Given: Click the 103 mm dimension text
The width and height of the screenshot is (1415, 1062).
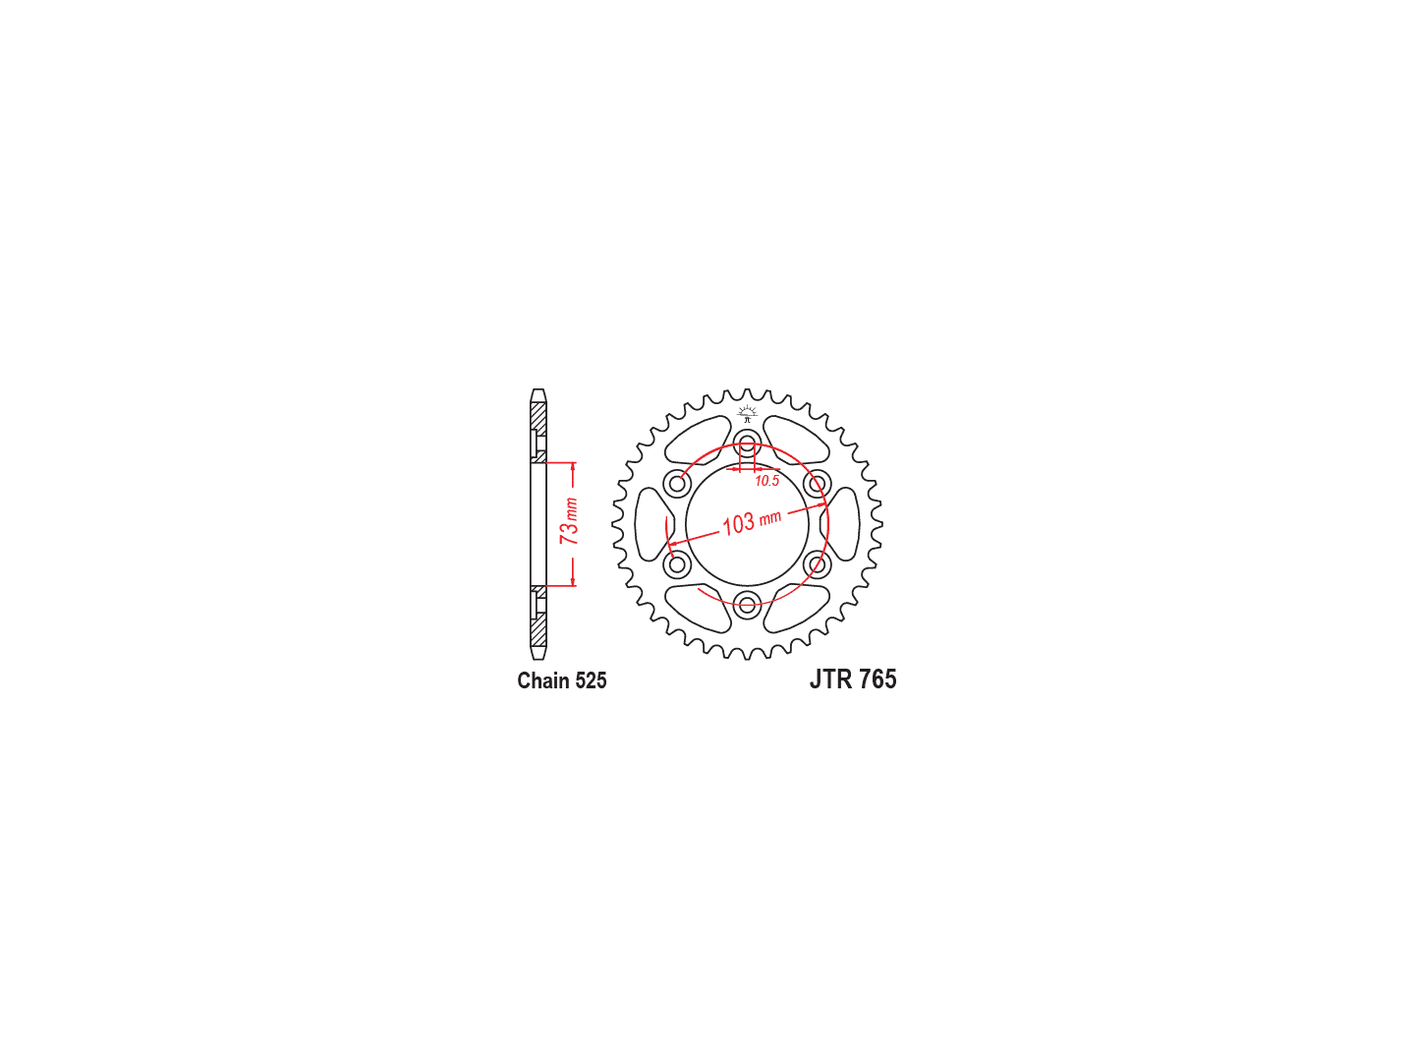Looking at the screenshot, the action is tap(751, 521).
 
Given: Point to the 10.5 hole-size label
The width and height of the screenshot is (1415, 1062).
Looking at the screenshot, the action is tap(767, 481).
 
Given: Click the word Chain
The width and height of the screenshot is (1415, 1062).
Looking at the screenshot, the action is tap(542, 680).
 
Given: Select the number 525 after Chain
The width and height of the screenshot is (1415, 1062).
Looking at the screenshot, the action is tap(591, 680).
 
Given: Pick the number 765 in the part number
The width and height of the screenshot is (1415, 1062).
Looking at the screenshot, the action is tap(877, 678).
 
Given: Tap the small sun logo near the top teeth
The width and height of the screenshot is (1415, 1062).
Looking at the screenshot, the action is tap(747, 413).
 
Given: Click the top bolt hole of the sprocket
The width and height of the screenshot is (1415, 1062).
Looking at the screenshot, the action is tap(747, 443).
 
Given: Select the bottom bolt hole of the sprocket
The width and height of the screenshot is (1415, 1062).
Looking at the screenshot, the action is tap(747, 605).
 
